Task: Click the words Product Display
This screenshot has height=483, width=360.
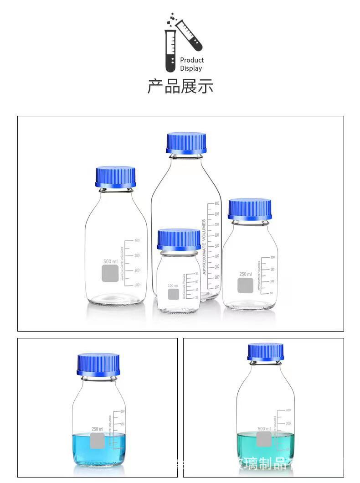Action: coord(192,64)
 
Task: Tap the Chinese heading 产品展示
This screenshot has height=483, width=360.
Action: coord(180,86)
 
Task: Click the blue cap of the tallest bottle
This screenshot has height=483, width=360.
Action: coord(186,143)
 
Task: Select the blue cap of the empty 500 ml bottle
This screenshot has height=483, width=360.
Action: coord(116,177)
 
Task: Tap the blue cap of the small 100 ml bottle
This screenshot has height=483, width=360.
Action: coord(179,239)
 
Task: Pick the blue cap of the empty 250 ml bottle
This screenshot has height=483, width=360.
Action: coord(250,209)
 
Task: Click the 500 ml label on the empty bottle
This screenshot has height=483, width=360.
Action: coord(110,261)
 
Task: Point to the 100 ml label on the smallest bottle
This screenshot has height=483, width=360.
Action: coord(173,286)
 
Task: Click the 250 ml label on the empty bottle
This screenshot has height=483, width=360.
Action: coord(246,274)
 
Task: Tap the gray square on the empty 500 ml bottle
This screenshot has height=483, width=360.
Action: coord(110,273)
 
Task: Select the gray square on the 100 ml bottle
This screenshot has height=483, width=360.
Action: coord(173,294)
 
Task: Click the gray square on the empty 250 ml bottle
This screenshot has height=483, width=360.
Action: coord(246,286)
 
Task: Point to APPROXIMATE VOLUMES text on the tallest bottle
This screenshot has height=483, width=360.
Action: coord(204,247)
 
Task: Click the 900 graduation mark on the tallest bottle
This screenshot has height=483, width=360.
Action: coord(217,203)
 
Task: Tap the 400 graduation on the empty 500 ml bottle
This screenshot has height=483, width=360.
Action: coord(136,240)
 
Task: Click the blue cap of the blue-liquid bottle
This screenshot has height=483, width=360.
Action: coord(98,364)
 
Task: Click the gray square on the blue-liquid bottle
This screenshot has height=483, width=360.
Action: coord(98,441)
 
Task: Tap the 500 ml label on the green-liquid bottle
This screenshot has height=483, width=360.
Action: coord(264,429)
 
